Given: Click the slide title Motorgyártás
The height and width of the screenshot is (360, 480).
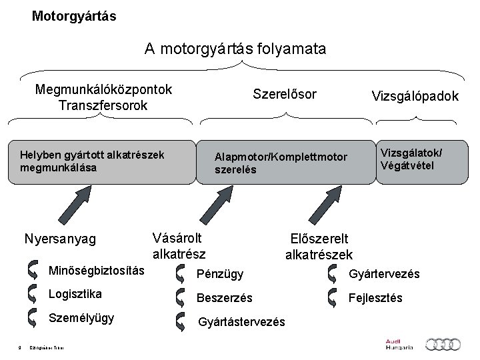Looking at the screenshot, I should click(73, 15).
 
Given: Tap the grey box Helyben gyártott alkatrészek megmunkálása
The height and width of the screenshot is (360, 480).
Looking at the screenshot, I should click(100, 161).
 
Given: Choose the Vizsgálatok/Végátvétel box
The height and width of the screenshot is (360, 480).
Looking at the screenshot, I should click(419, 159).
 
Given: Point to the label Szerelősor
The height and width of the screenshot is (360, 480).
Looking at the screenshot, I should click(284, 95).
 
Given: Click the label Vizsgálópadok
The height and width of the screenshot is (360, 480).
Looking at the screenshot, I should click(415, 97).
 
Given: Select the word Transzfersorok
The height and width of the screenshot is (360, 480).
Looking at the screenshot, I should click(103, 105).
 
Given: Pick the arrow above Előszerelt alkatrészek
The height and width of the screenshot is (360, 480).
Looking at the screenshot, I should click(323, 203).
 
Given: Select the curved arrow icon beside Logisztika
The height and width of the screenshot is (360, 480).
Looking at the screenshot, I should click(33, 294).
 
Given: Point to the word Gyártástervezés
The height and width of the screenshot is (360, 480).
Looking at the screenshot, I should click(242, 322).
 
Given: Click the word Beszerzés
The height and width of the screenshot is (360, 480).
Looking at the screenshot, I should click(224, 297).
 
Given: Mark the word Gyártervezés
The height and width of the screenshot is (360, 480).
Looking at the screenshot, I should click(385, 273).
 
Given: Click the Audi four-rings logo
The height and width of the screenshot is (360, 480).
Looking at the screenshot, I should click(443, 344).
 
